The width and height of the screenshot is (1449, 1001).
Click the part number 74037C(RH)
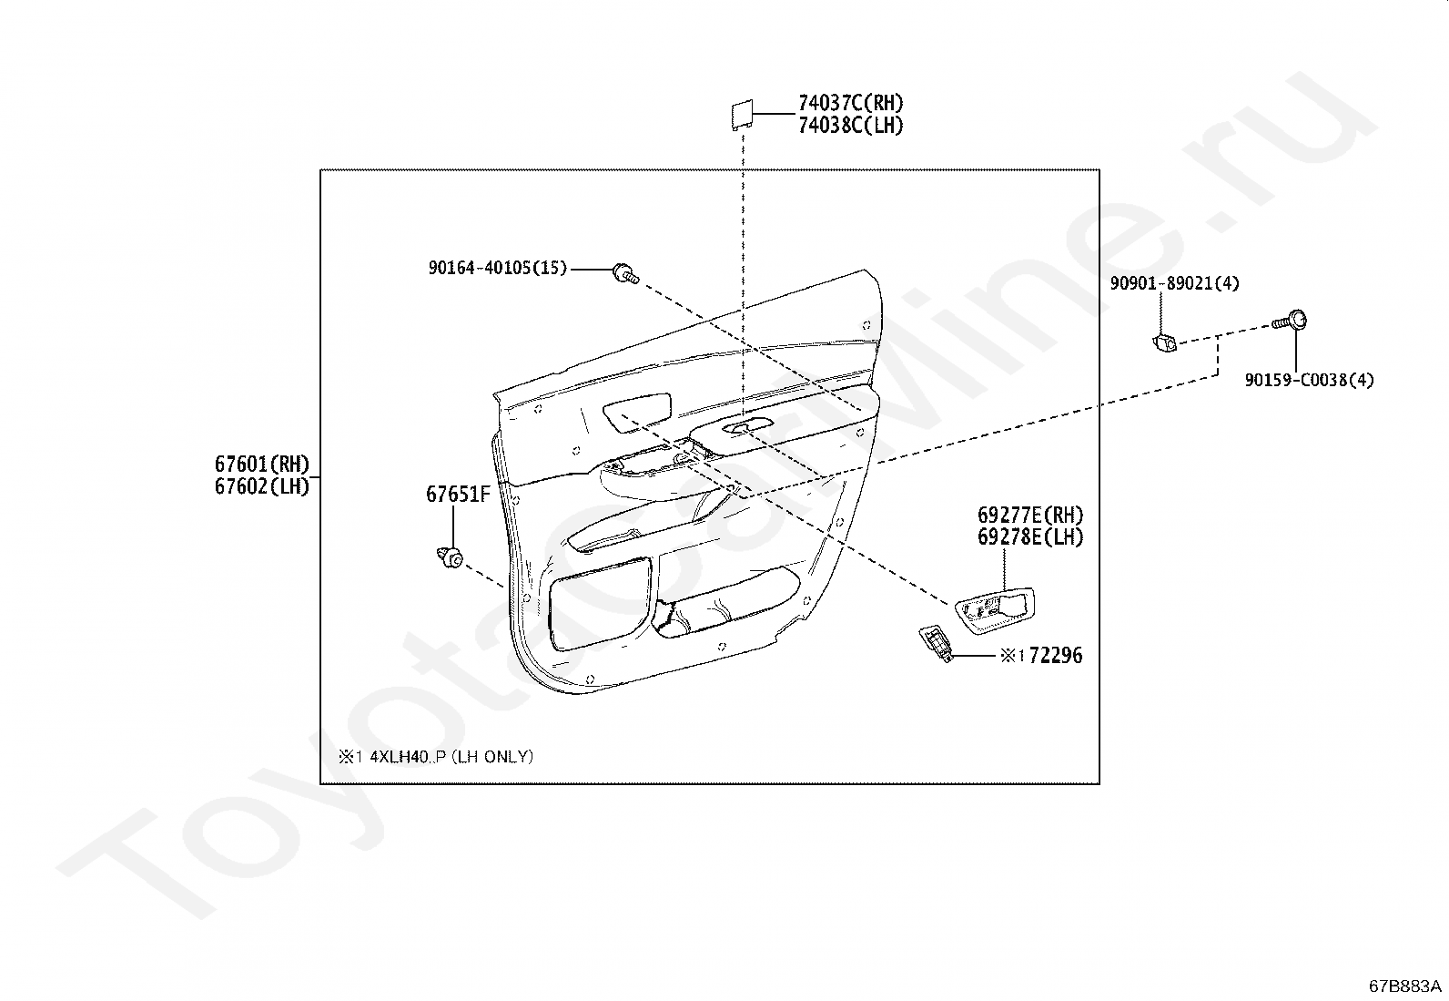point(850,103)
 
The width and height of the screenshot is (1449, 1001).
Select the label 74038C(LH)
point(850,126)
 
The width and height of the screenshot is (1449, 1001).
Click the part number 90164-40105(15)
point(497,268)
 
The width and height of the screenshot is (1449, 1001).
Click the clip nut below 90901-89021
point(1163,342)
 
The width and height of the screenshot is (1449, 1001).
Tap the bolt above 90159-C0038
point(1292,321)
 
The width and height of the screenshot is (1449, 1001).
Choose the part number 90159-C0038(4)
point(1309,380)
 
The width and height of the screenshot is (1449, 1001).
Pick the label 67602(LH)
point(262,486)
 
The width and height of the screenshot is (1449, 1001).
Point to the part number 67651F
point(458,495)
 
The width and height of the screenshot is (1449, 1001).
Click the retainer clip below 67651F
point(450,555)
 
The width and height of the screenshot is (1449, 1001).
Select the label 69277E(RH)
point(1030,515)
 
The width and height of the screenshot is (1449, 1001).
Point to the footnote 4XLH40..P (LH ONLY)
point(436,757)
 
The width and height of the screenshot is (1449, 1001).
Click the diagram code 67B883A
point(1405,986)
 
